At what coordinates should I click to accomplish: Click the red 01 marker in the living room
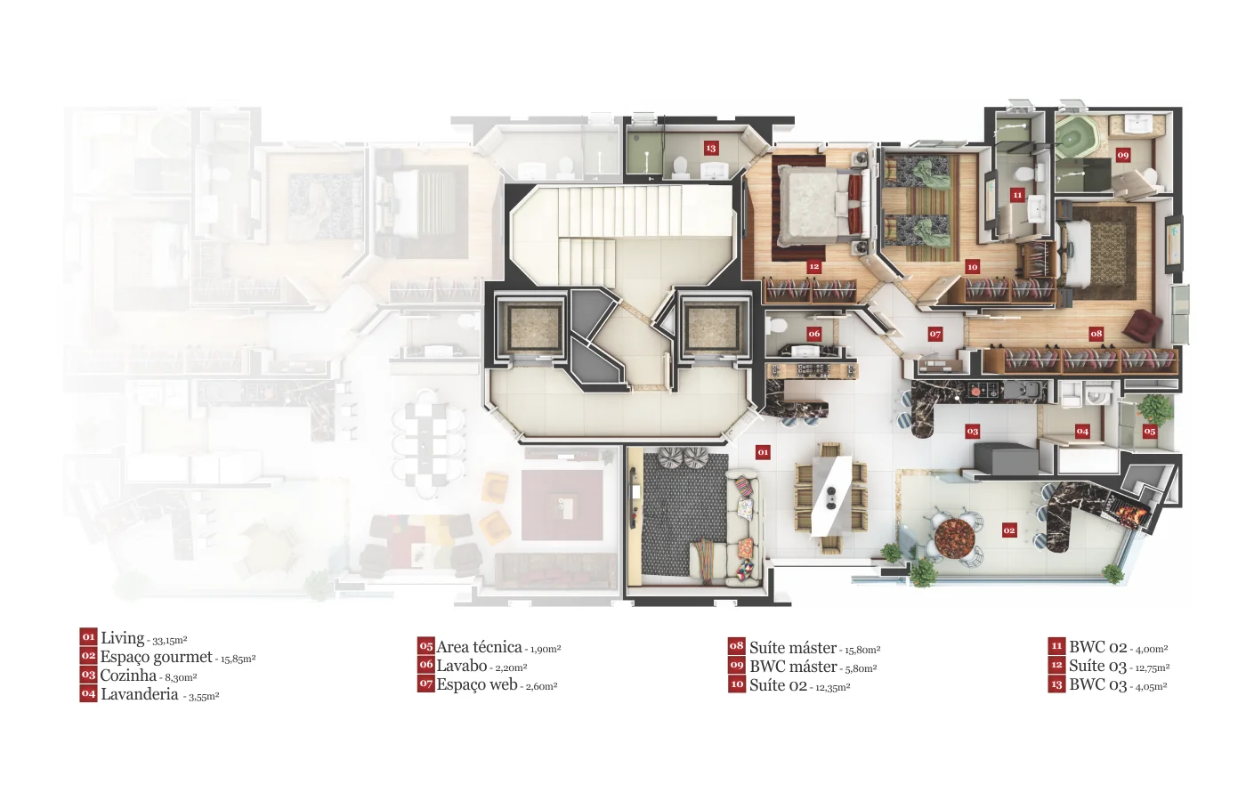763,452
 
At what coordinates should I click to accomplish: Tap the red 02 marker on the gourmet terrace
1009,530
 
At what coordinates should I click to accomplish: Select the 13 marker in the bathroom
710,148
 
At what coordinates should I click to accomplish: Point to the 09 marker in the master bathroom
1122,155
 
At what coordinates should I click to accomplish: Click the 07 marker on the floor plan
935,334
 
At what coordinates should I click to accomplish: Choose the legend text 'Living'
123,637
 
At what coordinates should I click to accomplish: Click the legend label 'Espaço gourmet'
157,657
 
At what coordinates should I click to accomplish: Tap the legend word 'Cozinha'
128,676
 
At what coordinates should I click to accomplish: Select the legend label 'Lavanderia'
140,694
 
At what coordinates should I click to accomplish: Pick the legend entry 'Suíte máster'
793,648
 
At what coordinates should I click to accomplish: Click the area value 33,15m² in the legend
170,641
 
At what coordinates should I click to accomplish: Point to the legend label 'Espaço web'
477,684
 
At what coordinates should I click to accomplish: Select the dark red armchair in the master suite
1141,326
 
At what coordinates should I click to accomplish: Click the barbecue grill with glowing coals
1127,509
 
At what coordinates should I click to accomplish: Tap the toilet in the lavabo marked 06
773,328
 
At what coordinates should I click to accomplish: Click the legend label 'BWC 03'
1097,684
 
